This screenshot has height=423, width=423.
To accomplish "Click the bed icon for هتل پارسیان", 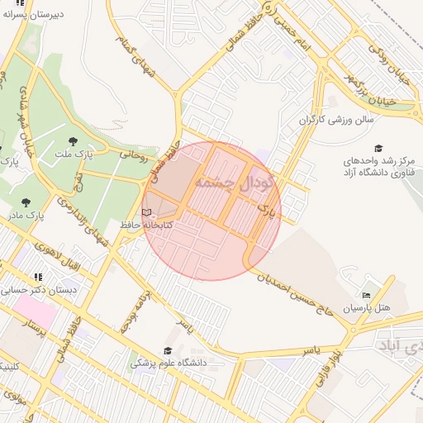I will [367, 295].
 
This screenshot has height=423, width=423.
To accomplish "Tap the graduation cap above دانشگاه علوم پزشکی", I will [169, 350].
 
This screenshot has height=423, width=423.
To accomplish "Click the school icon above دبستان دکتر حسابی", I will [38, 278].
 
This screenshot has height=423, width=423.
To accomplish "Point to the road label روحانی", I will [132, 153].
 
